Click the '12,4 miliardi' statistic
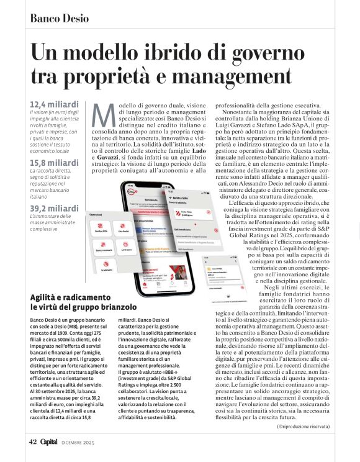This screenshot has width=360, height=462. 54,103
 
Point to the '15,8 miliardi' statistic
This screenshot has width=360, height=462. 54,163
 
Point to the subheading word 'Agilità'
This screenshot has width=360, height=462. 46,297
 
